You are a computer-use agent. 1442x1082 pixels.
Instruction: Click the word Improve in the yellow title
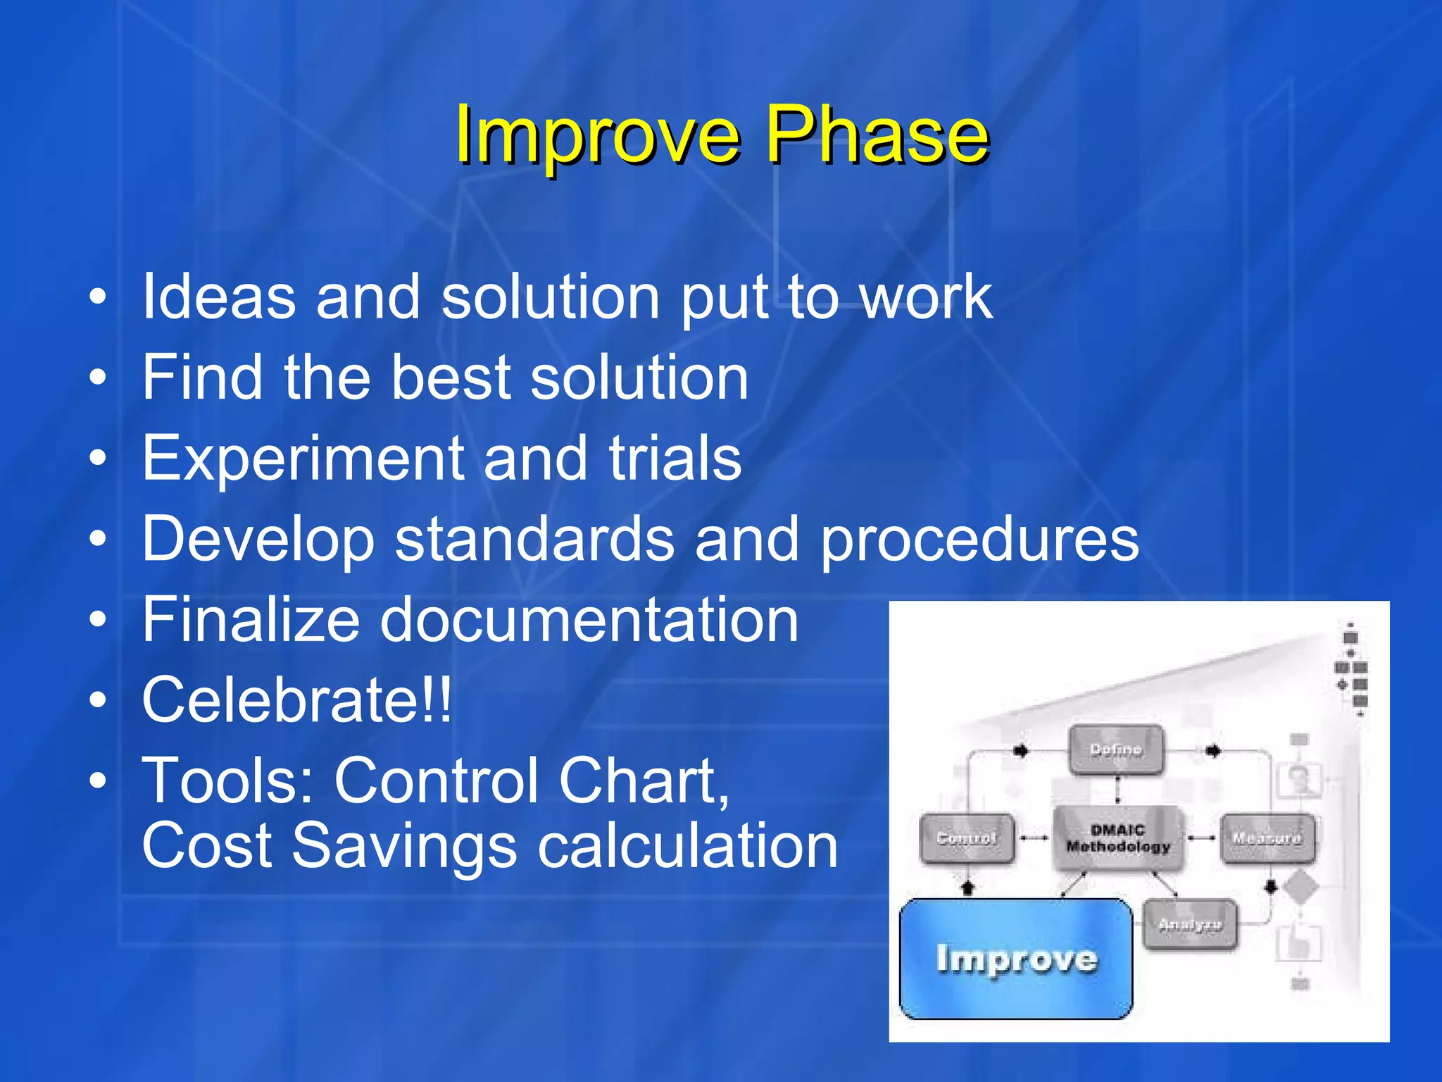click(x=598, y=134)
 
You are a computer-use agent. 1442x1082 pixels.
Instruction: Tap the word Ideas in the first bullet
click(x=219, y=297)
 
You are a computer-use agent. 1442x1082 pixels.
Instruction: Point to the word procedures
click(x=979, y=540)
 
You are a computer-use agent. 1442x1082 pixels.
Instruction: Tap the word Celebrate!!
click(x=296, y=699)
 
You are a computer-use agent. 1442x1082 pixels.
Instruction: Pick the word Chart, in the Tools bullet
click(x=644, y=781)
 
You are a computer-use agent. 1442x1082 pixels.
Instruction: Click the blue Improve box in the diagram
click(x=1015, y=959)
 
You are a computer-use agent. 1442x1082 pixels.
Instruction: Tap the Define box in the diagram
click(x=1116, y=750)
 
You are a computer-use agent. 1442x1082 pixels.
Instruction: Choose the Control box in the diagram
click(x=967, y=838)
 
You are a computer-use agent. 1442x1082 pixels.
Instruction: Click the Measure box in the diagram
click(x=1267, y=838)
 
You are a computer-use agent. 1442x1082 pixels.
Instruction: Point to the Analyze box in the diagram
click(x=1190, y=925)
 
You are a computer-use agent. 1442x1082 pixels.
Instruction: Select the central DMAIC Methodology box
click(x=1118, y=838)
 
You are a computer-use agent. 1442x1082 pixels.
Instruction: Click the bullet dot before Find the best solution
click(x=98, y=378)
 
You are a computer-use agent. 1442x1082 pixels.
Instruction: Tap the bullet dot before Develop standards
click(x=98, y=540)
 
